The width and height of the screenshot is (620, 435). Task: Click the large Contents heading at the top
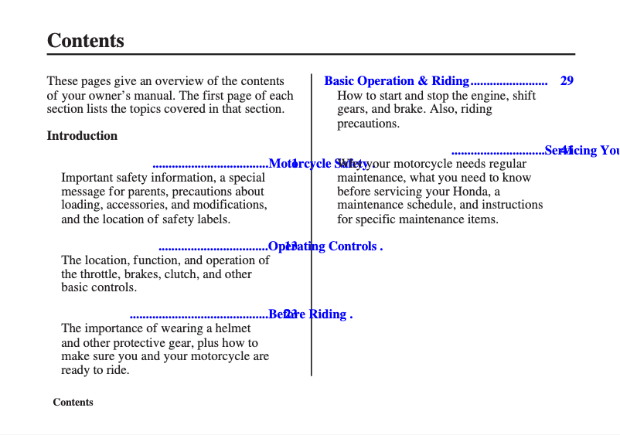click(x=85, y=41)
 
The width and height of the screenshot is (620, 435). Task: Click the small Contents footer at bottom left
click(x=73, y=403)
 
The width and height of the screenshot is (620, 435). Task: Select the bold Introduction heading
click(x=82, y=136)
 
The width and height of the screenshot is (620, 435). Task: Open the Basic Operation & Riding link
click(x=397, y=81)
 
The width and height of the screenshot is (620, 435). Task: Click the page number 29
click(x=567, y=81)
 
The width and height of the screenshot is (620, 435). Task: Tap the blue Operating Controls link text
click(x=325, y=246)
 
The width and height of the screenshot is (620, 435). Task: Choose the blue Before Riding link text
click(x=310, y=314)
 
